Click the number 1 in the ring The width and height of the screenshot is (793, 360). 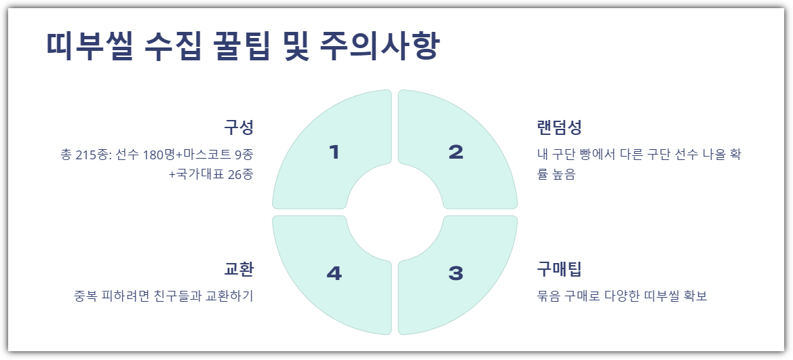pos(333,153)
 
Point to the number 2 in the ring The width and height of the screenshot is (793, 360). pos(456,153)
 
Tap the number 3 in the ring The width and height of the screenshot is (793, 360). pos(456,273)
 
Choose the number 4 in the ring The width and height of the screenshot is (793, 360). pos(334,273)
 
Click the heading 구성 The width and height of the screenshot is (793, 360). pos(238,127)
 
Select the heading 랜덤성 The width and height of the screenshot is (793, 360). pos(559,127)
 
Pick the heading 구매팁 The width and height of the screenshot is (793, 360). pos(559,268)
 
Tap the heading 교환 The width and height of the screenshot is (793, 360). pos(238,268)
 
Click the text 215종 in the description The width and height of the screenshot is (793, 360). pos(91,155)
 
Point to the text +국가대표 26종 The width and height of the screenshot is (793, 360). pos(211,174)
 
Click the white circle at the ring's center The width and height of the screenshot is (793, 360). pos(395,212)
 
